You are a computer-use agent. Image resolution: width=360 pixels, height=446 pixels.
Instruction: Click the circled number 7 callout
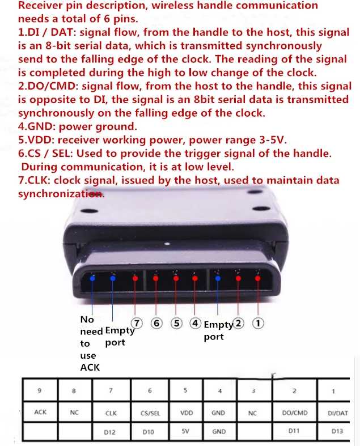tap(137, 324)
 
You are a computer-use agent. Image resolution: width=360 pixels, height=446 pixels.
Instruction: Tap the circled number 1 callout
tap(258, 323)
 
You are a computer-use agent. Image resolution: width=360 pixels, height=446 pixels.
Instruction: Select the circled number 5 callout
tap(176, 324)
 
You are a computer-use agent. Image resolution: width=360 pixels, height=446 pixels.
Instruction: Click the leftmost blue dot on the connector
tap(92, 278)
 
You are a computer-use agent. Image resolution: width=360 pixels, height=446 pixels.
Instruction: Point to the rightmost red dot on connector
tap(257, 278)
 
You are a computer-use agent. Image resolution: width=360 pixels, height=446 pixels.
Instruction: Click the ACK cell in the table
tap(40, 412)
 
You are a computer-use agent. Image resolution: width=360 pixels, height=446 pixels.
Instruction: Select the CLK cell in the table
tap(111, 413)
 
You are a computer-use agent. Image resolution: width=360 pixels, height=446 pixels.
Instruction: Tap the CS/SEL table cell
tap(150, 413)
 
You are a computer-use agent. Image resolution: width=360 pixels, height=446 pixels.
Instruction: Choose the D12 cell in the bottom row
tap(109, 432)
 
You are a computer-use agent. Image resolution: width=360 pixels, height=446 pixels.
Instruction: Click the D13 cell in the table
tap(337, 431)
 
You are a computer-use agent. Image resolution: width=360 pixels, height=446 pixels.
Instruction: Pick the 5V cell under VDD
tap(185, 431)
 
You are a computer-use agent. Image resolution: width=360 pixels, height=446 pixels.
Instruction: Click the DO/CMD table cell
tap(295, 413)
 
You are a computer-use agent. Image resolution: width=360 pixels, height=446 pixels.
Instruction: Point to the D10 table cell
tap(149, 432)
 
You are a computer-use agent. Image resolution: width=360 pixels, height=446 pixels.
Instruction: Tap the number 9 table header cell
tap(40, 390)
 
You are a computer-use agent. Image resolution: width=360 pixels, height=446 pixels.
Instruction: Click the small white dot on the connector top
tap(167, 244)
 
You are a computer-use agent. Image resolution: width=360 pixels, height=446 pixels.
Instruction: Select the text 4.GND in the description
tap(37, 126)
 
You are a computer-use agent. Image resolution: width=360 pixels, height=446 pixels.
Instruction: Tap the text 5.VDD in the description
tap(36, 140)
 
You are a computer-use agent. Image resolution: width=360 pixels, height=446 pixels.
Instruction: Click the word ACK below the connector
tap(90, 367)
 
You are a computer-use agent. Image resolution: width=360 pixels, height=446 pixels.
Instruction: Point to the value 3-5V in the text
tap(273, 140)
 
